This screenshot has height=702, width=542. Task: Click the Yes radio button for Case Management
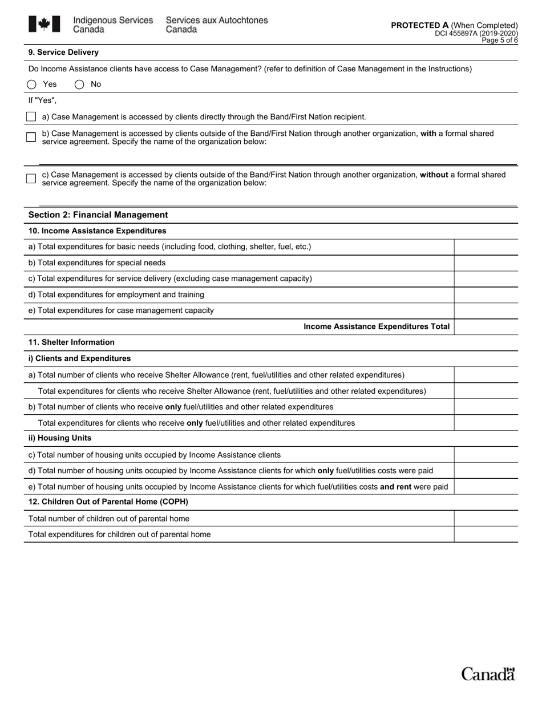pyautogui.click(x=31, y=84)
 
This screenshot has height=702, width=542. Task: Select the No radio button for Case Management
pyautogui.click(x=79, y=84)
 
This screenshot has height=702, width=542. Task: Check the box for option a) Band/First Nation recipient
pyautogui.click(x=31, y=116)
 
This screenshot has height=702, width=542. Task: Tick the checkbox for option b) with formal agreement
pyautogui.click(x=31, y=137)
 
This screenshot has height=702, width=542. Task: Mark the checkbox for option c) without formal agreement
pyautogui.click(x=31, y=179)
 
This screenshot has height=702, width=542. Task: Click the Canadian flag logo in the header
pyautogui.click(x=44, y=24)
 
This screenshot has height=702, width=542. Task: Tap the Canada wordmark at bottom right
pyautogui.click(x=488, y=674)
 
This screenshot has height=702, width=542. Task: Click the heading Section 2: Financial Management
pyautogui.click(x=98, y=215)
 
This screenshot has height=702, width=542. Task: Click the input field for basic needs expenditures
pyautogui.click(x=486, y=247)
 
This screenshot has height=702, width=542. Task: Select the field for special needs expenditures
pyautogui.click(x=486, y=263)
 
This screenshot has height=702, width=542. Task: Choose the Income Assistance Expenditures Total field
pyautogui.click(x=486, y=326)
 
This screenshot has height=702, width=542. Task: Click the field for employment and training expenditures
pyautogui.click(x=486, y=294)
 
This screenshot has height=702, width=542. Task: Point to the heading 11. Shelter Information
pyautogui.click(x=71, y=342)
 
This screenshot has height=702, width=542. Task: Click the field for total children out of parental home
pyautogui.click(x=486, y=518)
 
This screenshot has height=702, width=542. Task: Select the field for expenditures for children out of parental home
pyautogui.click(x=486, y=534)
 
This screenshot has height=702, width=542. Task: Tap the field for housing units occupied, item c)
pyautogui.click(x=486, y=455)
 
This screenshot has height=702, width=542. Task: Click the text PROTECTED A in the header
pyautogui.click(x=419, y=25)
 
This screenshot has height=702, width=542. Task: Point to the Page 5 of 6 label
pyautogui.click(x=500, y=41)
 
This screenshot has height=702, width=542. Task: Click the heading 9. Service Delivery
pyautogui.click(x=63, y=53)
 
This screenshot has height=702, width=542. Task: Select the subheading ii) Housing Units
pyautogui.click(x=60, y=438)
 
